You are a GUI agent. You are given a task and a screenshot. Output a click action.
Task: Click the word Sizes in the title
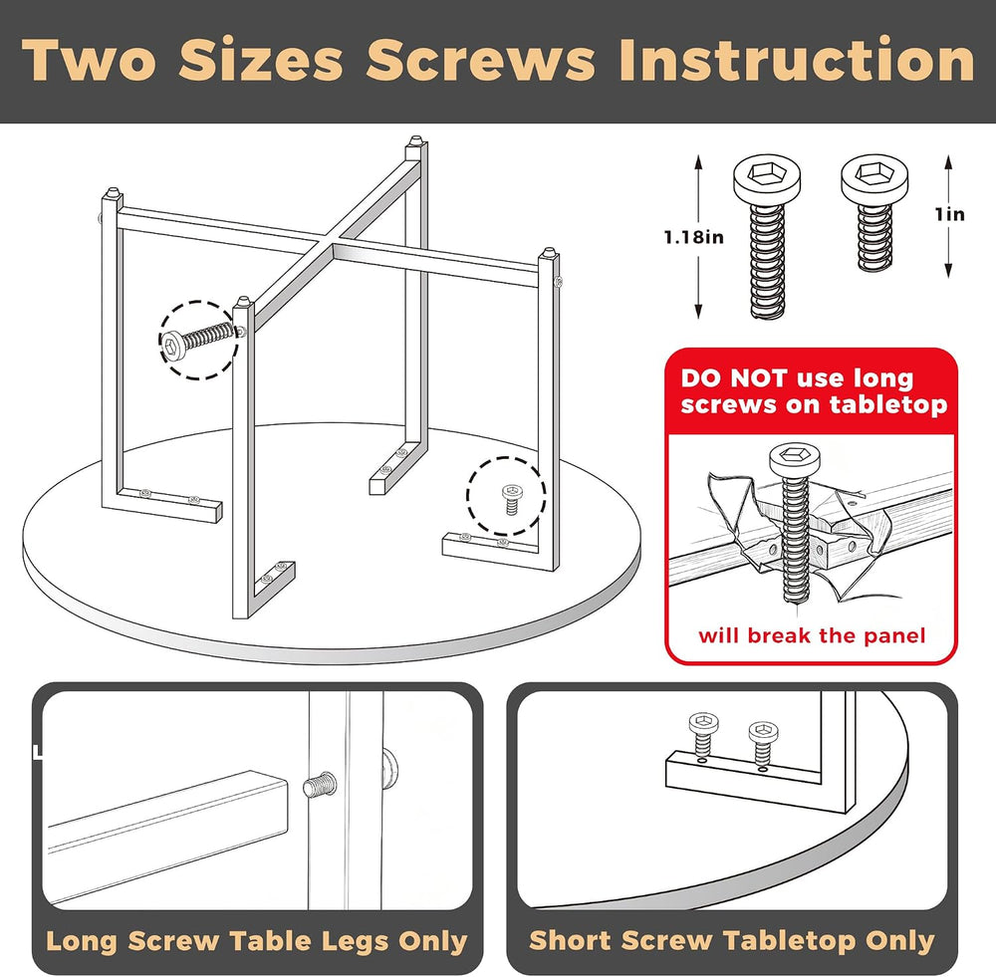[260, 60]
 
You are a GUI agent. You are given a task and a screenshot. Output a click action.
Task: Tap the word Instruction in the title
[797, 60]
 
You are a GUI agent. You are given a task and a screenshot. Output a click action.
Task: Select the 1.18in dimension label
[693, 238]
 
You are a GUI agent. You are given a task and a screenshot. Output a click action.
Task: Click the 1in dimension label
[949, 215]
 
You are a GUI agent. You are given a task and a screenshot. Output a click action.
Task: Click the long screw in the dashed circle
[199, 341]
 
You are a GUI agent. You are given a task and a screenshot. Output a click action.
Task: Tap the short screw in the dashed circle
[511, 498]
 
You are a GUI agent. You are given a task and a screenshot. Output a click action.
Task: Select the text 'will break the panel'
[811, 635]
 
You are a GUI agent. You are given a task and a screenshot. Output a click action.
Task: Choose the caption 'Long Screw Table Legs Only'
[256, 941]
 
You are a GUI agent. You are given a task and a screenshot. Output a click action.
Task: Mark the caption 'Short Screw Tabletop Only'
[732, 941]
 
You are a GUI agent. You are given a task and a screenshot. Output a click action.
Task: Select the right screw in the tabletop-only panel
[763, 742]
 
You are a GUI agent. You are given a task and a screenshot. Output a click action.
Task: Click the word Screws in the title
[481, 60]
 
